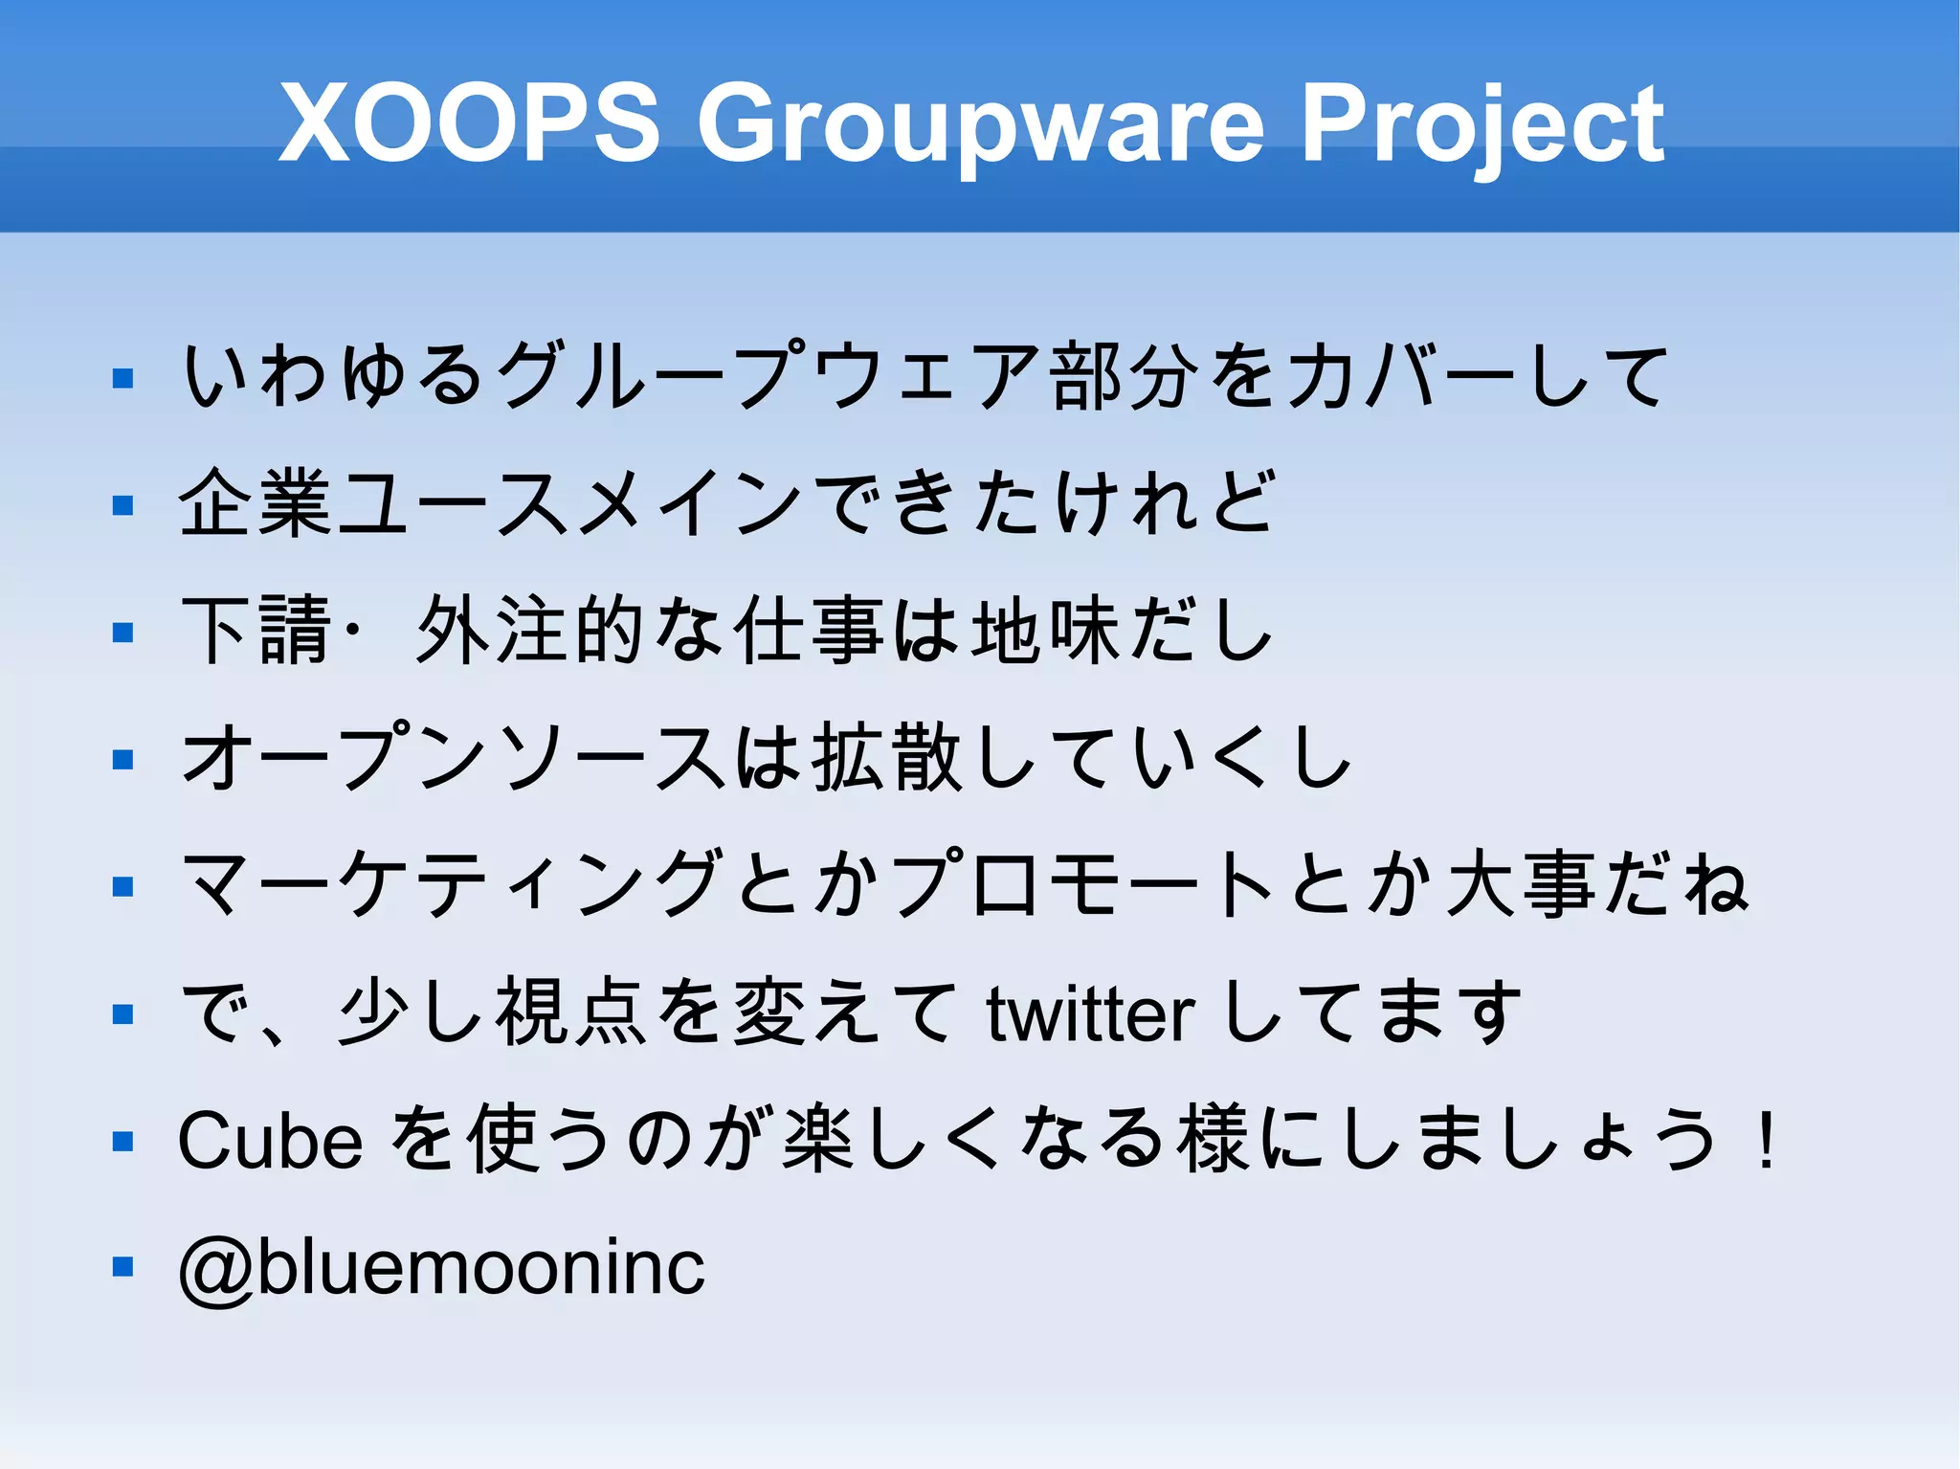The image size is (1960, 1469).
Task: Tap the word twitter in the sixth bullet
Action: tap(1090, 1014)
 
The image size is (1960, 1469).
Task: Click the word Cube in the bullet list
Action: tap(271, 1141)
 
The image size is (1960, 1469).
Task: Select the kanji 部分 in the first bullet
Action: tap(1124, 376)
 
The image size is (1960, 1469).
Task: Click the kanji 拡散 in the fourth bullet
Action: tap(886, 758)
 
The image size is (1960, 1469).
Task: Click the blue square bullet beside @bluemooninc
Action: tap(122, 1268)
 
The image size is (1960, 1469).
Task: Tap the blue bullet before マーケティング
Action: tap(122, 887)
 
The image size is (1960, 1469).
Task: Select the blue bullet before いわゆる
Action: tap(122, 378)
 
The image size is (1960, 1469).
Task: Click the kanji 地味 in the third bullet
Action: tap(1045, 631)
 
